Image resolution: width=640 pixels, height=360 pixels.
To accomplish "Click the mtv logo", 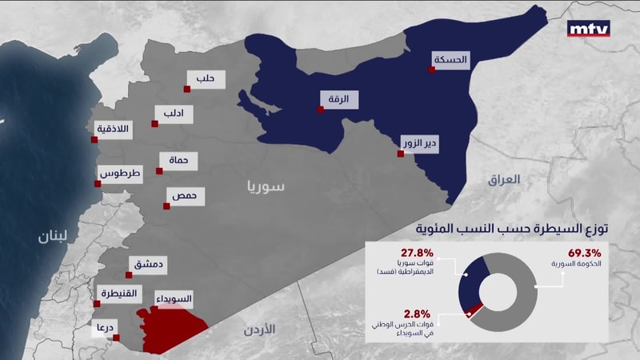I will (x=588, y=30).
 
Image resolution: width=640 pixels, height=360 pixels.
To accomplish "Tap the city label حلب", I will (x=206, y=78).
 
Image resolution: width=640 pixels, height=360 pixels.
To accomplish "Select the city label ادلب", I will (x=174, y=114).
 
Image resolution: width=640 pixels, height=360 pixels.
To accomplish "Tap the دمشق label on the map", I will (x=146, y=263).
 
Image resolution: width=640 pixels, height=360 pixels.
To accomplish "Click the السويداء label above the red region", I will (x=173, y=299).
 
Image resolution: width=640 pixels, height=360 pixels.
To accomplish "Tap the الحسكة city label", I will (x=450, y=59).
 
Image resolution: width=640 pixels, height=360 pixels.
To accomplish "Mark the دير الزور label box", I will (x=420, y=144).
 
